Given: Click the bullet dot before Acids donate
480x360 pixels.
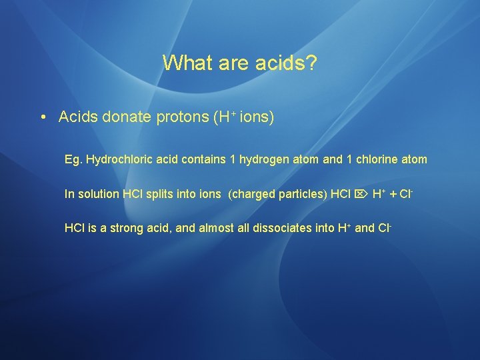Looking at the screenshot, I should (42, 118).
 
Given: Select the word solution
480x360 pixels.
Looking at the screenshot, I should (99, 194).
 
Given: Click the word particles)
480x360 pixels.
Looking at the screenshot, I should (300, 194).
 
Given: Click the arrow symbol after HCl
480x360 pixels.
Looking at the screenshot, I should (361, 194).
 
